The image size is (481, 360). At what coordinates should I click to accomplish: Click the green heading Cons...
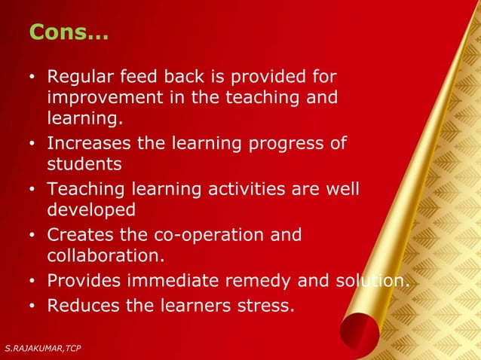[68, 32]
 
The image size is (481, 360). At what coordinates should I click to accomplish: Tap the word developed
[91, 209]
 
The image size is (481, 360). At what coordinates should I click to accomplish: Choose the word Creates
[80, 235]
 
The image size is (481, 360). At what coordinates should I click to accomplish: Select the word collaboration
[105, 256]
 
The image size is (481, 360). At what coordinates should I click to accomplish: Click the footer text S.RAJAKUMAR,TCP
[42, 347]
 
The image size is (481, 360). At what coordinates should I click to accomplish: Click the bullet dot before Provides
[32, 282]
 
